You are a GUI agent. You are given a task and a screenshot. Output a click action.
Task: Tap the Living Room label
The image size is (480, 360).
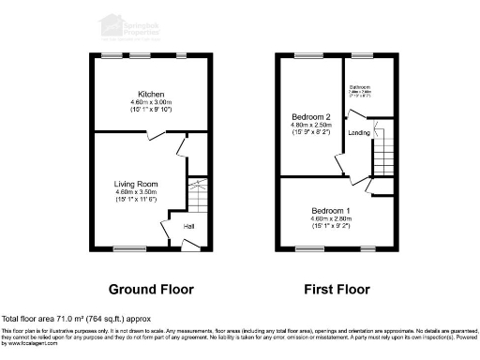[x=136, y=184]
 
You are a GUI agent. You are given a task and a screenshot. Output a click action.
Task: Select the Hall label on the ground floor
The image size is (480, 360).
[x=188, y=227]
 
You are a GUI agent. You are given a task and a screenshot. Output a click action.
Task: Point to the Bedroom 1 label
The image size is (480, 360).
[x=332, y=210]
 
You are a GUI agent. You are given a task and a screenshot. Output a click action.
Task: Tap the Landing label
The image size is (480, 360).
[x=359, y=133]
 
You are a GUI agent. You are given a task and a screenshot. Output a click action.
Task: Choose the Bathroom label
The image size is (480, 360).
[x=361, y=87]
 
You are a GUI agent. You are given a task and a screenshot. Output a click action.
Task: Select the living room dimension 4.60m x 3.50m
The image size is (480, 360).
[x=136, y=192]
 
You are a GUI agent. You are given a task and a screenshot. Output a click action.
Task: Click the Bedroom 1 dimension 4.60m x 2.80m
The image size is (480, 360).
[x=332, y=218]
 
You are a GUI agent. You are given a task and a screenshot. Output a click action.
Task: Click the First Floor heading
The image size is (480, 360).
[x=335, y=288]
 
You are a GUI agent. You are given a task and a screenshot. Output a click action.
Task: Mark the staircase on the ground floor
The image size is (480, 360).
[x=197, y=196]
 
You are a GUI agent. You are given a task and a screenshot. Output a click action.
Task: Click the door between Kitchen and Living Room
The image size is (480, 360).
[x=160, y=135]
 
